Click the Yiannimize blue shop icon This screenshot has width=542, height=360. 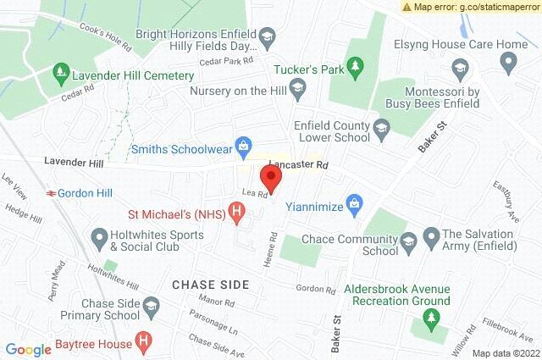[356, 202]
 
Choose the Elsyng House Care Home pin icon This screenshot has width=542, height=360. [509, 60]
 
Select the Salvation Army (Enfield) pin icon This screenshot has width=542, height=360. [431, 235]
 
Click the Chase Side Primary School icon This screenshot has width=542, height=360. [150, 304]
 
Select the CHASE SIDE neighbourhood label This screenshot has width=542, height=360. [209, 284]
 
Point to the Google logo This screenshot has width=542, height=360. [28, 349]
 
